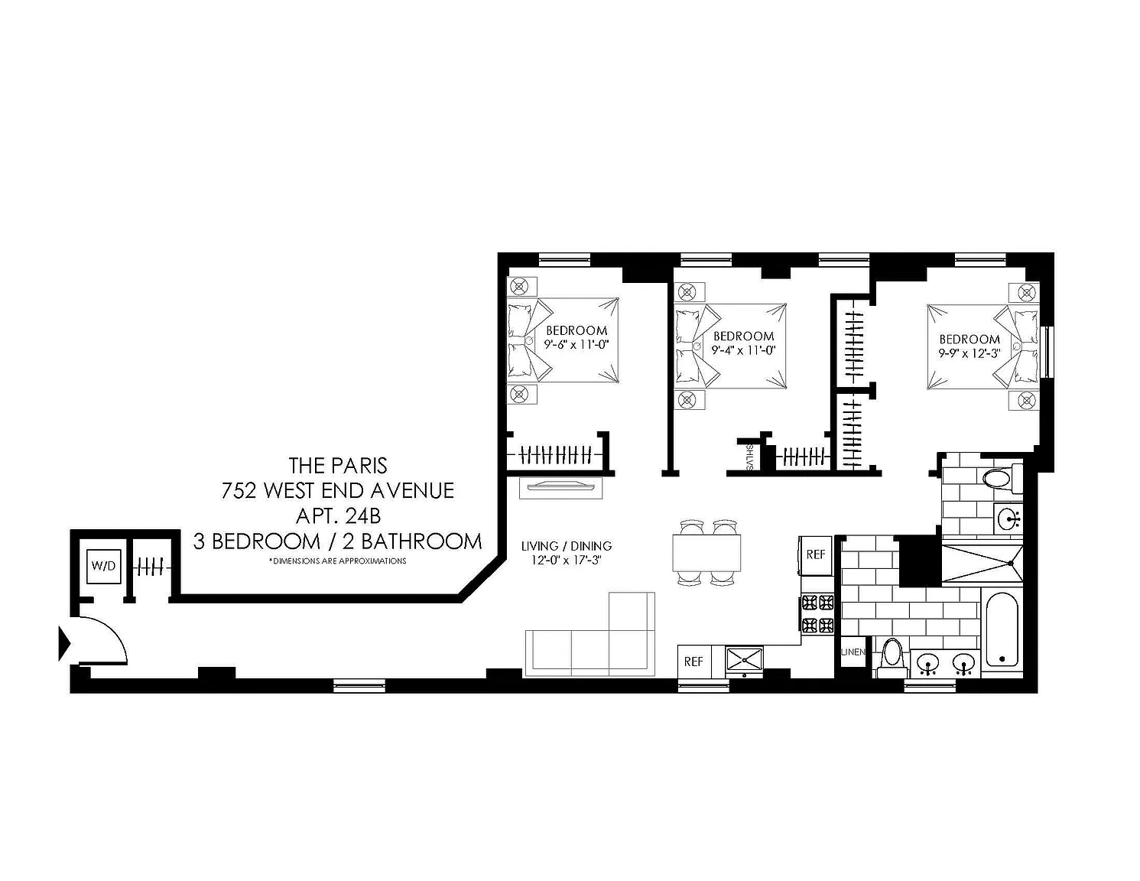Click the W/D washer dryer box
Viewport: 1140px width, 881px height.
coord(103,566)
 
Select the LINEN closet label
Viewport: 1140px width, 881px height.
coord(853,652)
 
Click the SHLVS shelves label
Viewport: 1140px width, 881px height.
coord(749,457)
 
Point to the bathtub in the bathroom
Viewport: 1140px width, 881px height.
coord(1002,635)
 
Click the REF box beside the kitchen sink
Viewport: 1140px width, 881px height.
coord(693,662)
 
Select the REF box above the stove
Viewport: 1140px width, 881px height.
coord(816,554)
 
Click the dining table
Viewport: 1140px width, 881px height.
coord(706,552)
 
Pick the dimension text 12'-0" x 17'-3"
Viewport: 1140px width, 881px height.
coord(566,560)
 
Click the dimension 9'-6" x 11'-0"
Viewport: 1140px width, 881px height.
coord(576,345)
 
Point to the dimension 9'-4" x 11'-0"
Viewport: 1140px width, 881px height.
coord(743,350)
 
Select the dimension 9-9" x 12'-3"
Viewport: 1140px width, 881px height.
coord(970,353)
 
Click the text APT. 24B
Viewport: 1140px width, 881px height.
coord(338,516)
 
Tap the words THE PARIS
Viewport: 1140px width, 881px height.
coord(338,466)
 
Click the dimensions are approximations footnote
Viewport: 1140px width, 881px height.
coord(337,561)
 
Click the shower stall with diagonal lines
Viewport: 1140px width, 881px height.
coord(982,564)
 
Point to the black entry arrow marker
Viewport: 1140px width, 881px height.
coord(64,644)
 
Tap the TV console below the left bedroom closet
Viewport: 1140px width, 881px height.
coord(560,488)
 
